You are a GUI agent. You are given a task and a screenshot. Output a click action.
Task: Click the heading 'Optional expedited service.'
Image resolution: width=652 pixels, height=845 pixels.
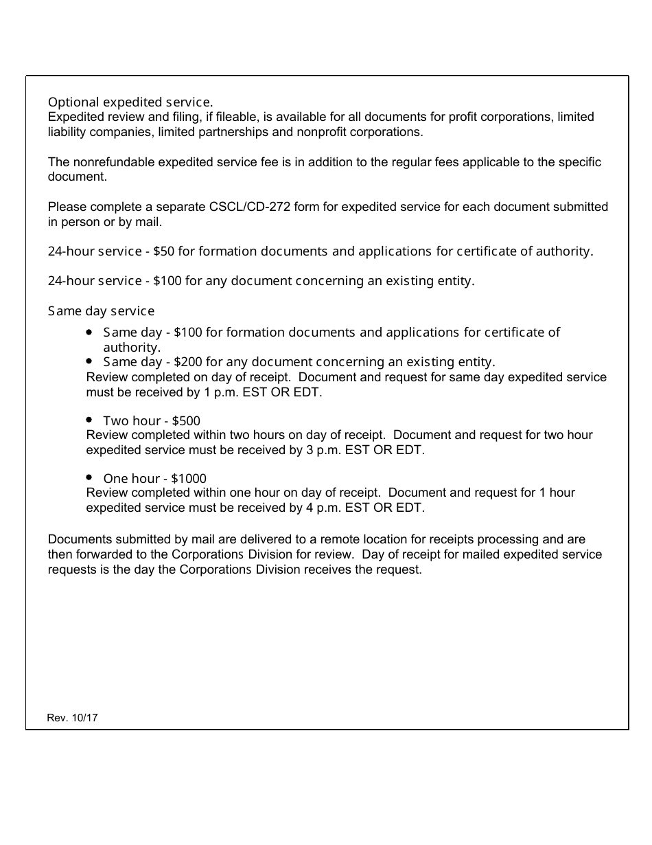(130, 102)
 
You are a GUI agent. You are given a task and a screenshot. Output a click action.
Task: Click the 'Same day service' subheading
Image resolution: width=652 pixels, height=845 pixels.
(101, 311)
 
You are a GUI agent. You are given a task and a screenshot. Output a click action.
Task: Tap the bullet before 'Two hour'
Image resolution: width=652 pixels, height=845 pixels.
(90, 419)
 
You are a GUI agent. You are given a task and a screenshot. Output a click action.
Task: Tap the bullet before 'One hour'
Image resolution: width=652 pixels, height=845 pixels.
(90, 477)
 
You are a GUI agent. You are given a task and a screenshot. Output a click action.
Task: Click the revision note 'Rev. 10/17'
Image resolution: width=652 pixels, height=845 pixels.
(73, 718)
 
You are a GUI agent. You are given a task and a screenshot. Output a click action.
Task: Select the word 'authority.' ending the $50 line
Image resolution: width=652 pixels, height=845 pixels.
(567, 251)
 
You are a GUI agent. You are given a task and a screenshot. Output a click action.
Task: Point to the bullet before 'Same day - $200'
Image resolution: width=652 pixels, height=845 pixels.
(90, 361)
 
